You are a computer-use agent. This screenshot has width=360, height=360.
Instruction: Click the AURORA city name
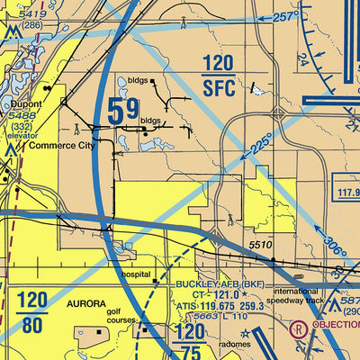point(85,305)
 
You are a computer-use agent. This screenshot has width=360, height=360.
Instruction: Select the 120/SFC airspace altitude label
point(219,76)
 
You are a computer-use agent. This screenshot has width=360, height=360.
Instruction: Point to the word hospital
point(140,274)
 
